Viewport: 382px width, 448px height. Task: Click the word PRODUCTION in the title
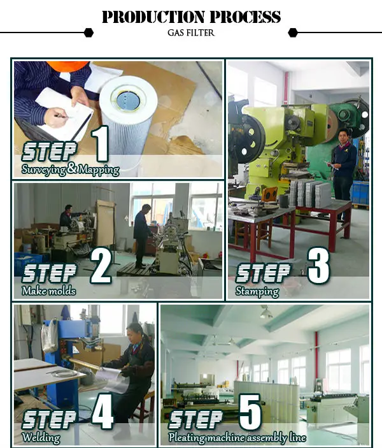tap(153, 17)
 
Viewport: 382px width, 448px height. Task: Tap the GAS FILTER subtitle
tap(191, 33)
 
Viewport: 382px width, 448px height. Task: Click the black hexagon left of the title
tap(88, 33)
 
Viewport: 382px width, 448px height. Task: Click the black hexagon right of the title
tap(293, 33)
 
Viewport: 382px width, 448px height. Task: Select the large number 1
tap(101, 144)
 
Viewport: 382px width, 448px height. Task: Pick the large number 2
tap(101, 264)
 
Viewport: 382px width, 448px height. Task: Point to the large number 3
tap(318, 266)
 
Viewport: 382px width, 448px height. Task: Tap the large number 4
tap(103, 411)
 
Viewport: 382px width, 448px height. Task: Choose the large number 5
tap(250, 412)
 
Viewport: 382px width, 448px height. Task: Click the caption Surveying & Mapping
tap(71, 170)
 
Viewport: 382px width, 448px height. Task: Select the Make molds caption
tap(49, 291)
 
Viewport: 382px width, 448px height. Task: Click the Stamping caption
tap(257, 291)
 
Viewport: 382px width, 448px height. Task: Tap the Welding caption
tap(41, 437)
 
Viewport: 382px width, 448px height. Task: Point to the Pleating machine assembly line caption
tap(237, 438)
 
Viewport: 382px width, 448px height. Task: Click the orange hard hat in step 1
tap(67, 66)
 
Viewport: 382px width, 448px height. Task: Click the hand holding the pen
tap(57, 117)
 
